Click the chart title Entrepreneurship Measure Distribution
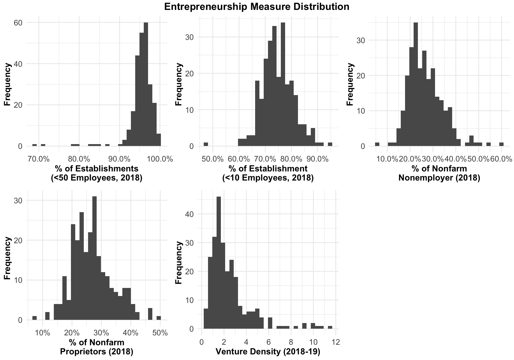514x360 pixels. point(256,7)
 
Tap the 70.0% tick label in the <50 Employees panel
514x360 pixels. point(39,159)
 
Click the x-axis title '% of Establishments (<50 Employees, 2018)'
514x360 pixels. point(97,173)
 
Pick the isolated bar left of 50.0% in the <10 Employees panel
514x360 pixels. point(206,144)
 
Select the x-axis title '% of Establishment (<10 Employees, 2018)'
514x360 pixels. point(268,173)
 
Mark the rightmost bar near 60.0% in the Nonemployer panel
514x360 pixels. point(501,144)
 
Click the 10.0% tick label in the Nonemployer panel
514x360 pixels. point(387,159)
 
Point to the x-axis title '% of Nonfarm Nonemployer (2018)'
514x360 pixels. point(439,173)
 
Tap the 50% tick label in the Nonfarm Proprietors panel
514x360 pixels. point(160,333)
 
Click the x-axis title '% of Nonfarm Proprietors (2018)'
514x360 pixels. point(97,347)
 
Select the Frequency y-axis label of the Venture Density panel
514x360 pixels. point(178,262)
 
